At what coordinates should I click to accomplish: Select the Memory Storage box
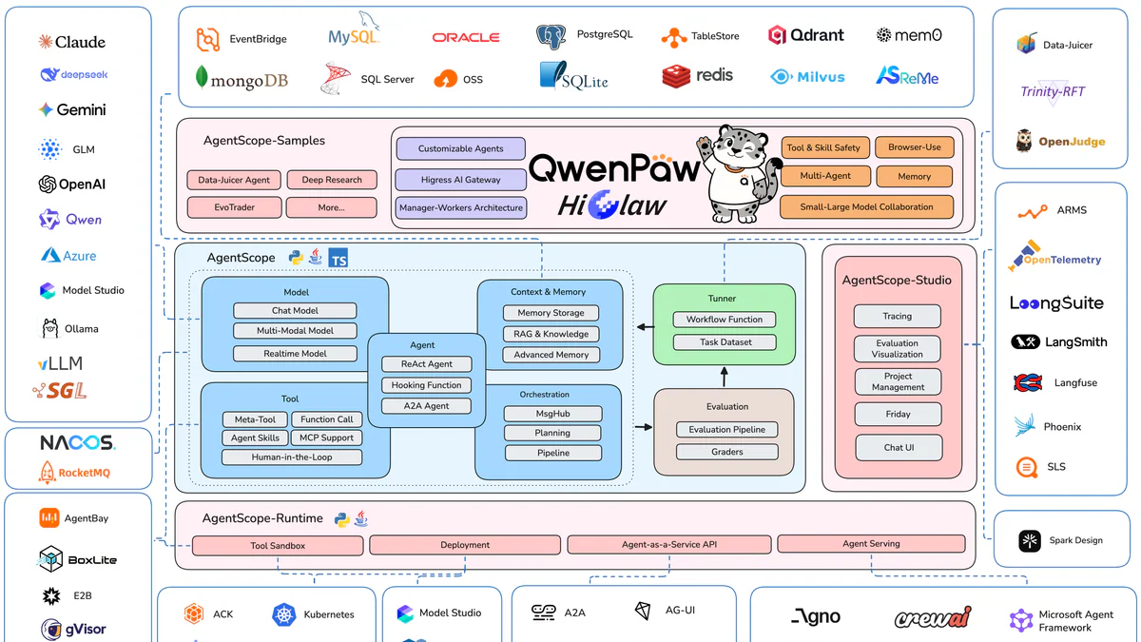click(551, 313)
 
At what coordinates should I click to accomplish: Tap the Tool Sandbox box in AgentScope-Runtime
click(278, 546)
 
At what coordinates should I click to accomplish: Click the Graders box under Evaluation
click(726, 452)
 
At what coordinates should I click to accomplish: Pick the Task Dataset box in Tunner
click(725, 342)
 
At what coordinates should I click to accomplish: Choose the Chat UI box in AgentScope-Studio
click(898, 447)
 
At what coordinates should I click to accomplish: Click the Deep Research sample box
click(331, 180)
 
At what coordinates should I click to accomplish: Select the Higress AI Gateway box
click(460, 180)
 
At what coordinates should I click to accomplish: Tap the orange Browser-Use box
click(914, 147)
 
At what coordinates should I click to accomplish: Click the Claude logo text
click(72, 42)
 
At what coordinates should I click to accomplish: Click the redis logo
click(698, 76)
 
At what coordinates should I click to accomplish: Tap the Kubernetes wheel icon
click(284, 614)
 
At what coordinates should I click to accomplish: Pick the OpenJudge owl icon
click(1024, 141)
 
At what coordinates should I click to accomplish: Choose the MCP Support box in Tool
click(325, 438)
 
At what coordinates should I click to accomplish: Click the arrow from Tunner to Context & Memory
click(645, 327)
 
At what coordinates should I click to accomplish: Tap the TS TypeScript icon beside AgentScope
click(338, 258)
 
